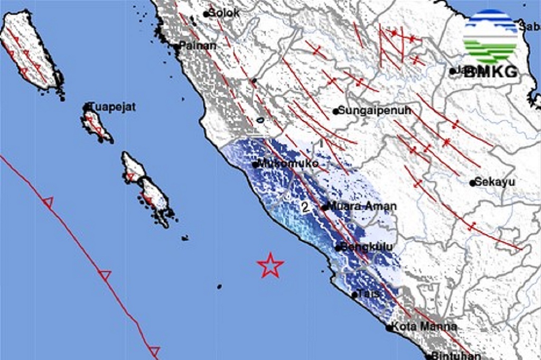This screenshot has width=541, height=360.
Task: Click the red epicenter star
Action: point(270,265)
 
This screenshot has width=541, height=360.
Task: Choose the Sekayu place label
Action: point(495,182)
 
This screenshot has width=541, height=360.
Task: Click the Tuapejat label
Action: point(113,107)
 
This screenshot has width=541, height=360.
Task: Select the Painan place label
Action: point(198,46)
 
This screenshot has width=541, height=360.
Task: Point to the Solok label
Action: point(225,13)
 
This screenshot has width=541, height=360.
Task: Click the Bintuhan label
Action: point(456,355)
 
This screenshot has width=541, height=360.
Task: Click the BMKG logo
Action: point(491,44)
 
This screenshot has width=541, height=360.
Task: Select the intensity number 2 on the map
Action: point(305,207)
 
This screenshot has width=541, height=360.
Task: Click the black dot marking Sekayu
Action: point(473,183)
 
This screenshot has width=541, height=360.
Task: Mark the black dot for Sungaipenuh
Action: point(335,111)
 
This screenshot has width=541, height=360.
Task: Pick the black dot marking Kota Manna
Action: point(389,328)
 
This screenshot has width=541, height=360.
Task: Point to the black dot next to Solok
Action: point(206,14)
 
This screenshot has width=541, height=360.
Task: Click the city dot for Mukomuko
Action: point(255,164)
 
